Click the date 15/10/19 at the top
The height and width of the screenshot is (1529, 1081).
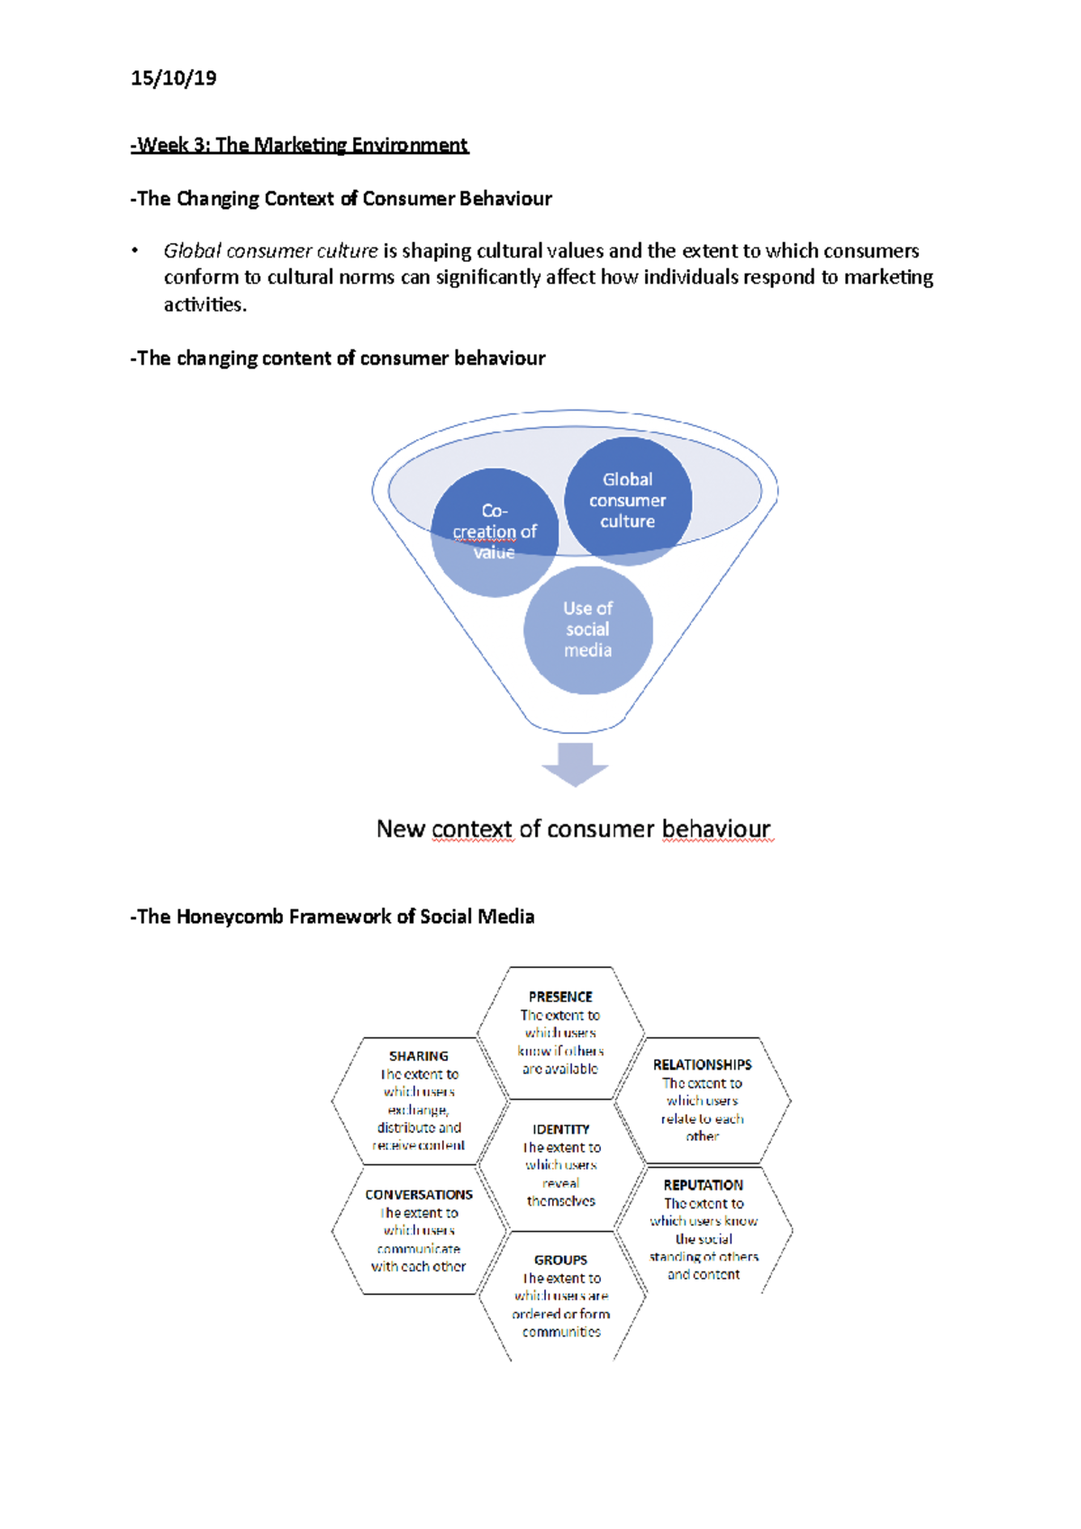pos(173,78)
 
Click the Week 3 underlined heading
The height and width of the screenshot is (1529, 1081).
pos(300,145)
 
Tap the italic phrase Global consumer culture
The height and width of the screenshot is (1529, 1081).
pos(270,250)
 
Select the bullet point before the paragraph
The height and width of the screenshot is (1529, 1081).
pos(135,251)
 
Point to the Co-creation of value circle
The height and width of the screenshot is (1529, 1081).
pos(495,532)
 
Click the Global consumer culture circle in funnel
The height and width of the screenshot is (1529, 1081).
pos(628,501)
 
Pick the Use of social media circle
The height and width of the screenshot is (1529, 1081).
pos(587,629)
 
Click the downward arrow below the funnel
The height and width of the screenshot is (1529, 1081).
pos(575,763)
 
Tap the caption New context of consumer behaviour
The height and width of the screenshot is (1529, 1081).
pos(573,828)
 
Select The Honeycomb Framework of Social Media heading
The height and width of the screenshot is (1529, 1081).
pos(332,917)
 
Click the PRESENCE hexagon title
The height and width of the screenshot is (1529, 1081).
pos(560,997)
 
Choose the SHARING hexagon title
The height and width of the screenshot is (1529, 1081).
pos(419,1056)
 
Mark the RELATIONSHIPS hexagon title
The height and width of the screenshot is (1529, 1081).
pos(702,1064)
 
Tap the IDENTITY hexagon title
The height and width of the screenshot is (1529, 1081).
pos(560,1129)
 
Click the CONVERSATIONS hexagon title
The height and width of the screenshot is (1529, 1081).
pos(419,1195)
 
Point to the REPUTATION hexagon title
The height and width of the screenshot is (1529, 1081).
pos(704,1185)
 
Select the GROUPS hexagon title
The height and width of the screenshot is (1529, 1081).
pos(560,1260)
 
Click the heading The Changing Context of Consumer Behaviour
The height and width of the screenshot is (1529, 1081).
pos(341,199)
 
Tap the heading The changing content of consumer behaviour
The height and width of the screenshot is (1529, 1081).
pos(338,358)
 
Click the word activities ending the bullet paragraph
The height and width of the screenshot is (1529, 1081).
pos(204,304)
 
